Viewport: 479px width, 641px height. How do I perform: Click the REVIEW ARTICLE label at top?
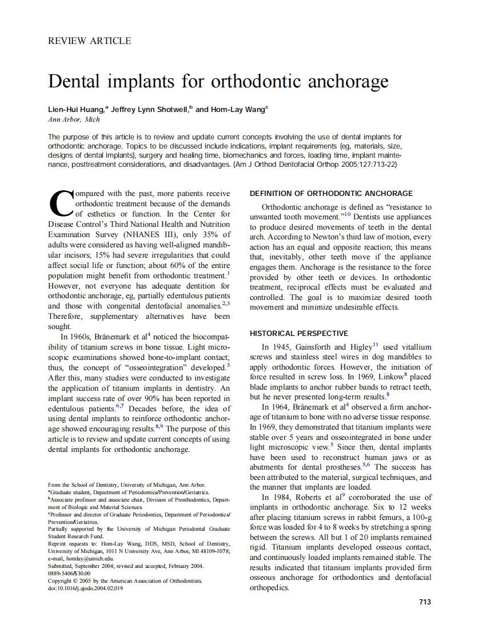pos(89,41)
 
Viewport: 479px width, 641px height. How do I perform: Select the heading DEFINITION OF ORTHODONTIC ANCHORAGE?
pos(331,194)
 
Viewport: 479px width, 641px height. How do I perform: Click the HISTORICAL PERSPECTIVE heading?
pos(299,333)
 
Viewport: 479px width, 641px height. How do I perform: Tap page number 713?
pos(425,602)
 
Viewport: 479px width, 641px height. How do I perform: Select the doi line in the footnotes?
pos(85,588)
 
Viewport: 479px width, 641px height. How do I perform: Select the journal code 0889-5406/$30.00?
pos(69,573)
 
